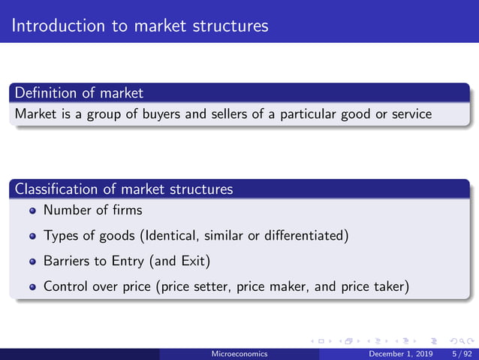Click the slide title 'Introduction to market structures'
click(x=140, y=26)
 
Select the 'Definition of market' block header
click(x=79, y=93)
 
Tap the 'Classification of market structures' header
click(x=124, y=189)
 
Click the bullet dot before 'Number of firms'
click(x=33, y=211)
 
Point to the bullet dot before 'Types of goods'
click(x=33, y=236)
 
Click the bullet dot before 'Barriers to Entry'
click(x=33, y=262)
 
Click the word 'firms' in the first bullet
click(x=125, y=210)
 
